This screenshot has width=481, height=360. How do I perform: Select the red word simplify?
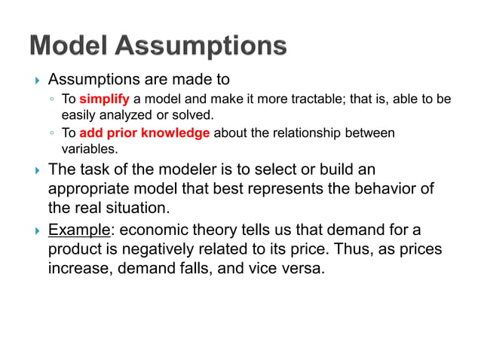pyautogui.click(x=105, y=99)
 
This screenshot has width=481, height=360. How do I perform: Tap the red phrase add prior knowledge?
pyautogui.click(x=145, y=133)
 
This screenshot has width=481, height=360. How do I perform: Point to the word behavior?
pyautogui.click(x=375, y=188)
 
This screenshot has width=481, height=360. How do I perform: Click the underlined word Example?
pyautogui.click(x=78, y=229)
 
